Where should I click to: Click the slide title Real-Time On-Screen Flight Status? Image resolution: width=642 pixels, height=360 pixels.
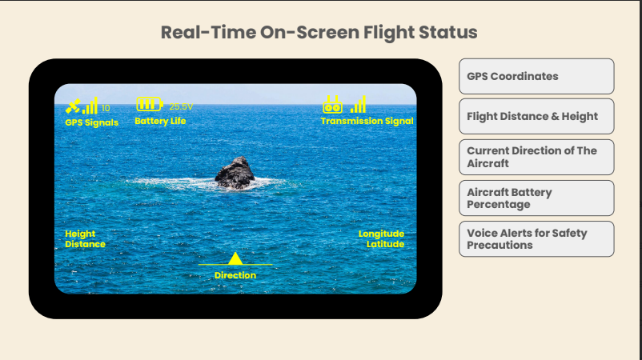coord(319,32)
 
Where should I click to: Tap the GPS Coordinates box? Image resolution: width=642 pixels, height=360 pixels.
coord(536,76)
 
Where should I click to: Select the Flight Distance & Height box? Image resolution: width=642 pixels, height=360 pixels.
coord(536,116)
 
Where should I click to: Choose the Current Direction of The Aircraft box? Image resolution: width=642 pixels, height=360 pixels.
coord(536,157)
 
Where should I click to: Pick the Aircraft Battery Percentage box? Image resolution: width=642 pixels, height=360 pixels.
coord(536,198)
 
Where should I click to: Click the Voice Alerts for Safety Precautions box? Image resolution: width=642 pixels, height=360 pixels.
coord(536,239)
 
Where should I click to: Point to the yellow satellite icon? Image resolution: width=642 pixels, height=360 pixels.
coord(73,106)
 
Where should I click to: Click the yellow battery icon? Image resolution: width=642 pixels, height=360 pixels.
coord(150,104)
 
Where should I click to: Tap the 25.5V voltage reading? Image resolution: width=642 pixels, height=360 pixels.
coord(181,106)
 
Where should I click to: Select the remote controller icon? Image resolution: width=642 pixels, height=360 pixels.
coord(332,105)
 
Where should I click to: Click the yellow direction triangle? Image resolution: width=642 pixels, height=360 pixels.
coord(235,258)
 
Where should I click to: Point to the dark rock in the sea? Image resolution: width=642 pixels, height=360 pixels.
coord(235,173)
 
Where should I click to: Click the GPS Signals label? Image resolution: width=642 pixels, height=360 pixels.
coord(92,122)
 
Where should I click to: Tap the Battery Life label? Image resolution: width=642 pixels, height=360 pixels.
coord(160,121)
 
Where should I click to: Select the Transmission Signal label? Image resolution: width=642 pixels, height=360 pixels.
coord(367,121)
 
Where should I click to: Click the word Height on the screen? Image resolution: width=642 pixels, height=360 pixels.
coord(80,234)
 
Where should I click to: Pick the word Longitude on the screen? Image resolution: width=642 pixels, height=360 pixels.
coord(381,234)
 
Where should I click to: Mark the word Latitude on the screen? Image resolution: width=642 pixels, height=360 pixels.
coord(385,244)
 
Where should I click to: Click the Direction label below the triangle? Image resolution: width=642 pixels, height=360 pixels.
coord(235,275)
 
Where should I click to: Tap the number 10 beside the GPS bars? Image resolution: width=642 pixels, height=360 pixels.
coord(106,108)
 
